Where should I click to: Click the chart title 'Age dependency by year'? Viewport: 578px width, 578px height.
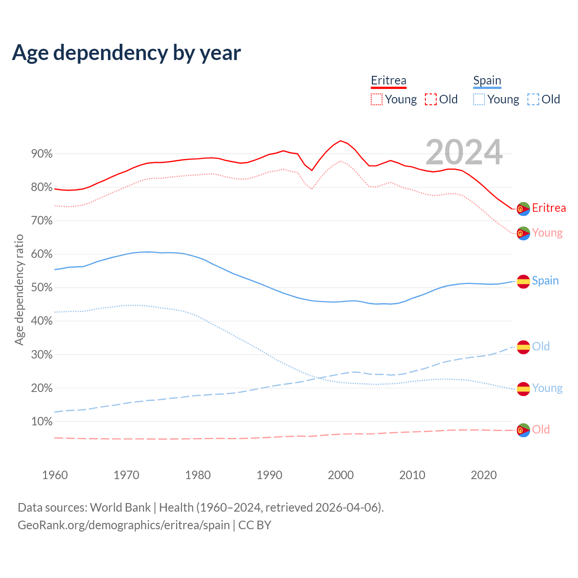click(126, 53)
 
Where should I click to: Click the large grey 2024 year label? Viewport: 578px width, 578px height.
click(464, 153)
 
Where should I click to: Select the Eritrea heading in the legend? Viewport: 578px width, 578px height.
click(388, 81)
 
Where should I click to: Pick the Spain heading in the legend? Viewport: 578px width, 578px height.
click(487, 81)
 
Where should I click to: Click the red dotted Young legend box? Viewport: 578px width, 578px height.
click(377, 99)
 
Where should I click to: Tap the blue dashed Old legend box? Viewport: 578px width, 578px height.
click(533, 99)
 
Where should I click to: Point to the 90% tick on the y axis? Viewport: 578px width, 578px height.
click(42, 154)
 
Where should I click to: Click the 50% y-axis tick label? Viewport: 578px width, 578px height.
click(42, 288)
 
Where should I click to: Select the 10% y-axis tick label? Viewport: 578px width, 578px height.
click(42, 422)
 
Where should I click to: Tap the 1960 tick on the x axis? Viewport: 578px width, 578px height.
click(55, 475)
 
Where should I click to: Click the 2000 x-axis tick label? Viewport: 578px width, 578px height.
click(340, 475)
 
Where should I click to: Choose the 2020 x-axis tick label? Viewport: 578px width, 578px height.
click(484, 475)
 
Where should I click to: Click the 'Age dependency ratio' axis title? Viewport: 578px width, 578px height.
click(19, 289)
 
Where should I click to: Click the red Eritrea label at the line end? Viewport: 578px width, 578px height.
click(549, 208)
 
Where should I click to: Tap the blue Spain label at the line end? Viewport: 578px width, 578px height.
click(545, 281)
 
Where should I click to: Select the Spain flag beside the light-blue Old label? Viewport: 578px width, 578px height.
click(523, 347)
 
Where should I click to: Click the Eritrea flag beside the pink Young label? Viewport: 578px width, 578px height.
click(523, 233)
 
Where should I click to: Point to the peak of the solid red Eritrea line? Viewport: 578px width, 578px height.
click(340, 140)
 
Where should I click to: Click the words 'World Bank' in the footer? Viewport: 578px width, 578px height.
click(120, 508)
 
